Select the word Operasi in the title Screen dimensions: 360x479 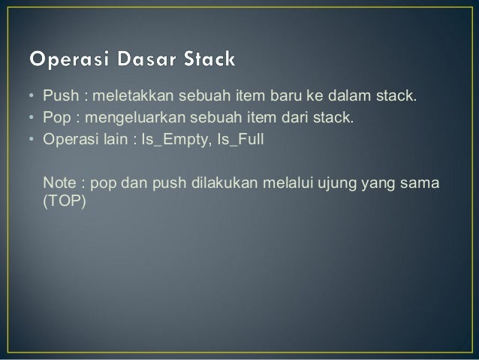pyautogui.click(x=65, y=58)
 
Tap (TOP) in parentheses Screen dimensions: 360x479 pyautogui.click(x=64, y=201)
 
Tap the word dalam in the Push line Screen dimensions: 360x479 pyautogui.click(x=343, y=97)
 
